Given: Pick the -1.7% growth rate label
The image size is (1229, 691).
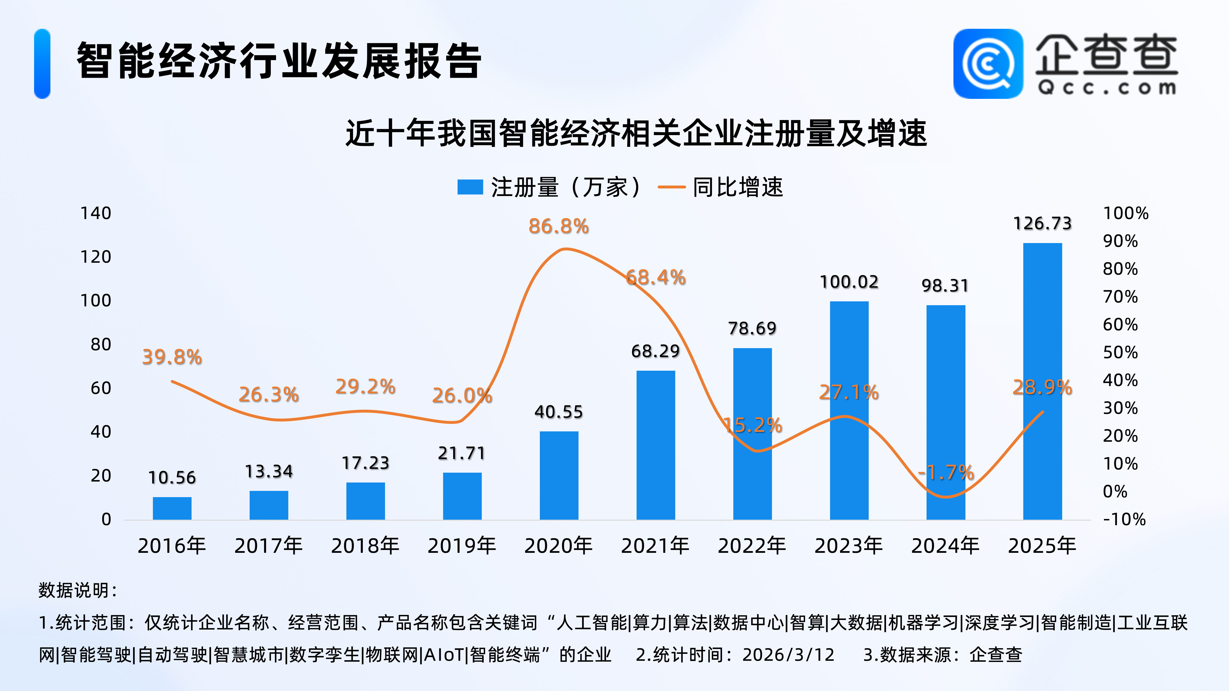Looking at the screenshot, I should tap(946, 473).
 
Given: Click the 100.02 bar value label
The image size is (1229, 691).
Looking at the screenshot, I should tap(849, 282).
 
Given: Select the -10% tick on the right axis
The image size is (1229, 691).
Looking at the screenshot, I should tap(1124, 519).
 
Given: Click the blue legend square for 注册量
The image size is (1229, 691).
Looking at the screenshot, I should tap(470, 187).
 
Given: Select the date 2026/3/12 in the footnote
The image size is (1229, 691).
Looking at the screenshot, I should tap(788, 655).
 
